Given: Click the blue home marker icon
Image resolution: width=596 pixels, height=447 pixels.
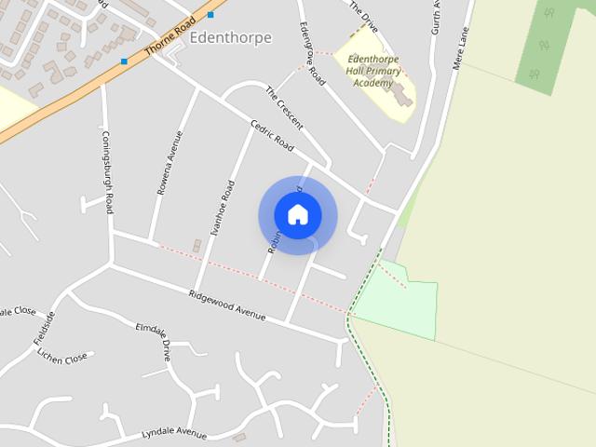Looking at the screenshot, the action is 298,215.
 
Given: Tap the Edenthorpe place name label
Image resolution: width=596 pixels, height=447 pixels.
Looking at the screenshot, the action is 230,38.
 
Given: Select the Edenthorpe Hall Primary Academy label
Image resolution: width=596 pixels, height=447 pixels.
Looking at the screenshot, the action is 372,69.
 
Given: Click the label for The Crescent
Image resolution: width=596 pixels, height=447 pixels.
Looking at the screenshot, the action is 284,108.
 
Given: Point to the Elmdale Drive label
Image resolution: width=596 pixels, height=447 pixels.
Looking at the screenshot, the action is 155,341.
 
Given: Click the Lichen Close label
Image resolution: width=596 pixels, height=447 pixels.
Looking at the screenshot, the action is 63,358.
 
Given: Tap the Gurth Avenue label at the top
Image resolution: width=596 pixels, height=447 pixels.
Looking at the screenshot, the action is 435,17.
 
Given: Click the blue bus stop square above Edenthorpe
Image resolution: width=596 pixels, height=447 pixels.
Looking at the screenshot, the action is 211,14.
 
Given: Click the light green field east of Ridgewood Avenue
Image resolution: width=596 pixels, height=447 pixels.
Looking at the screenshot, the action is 400,303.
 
